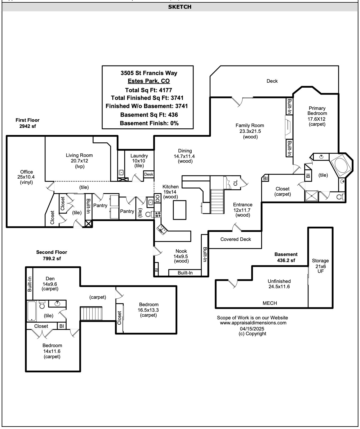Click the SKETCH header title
(180, 7)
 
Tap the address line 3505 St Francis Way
(149, 73)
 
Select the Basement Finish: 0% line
(149, 123)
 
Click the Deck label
(272, 81)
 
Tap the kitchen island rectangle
(179, 210)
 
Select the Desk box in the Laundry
(149, 174)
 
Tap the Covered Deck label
(236, 239)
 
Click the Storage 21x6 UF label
(320, 266)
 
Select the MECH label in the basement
(270, 303)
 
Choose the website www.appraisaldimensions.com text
(253, 323)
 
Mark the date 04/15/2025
(252, 329)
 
